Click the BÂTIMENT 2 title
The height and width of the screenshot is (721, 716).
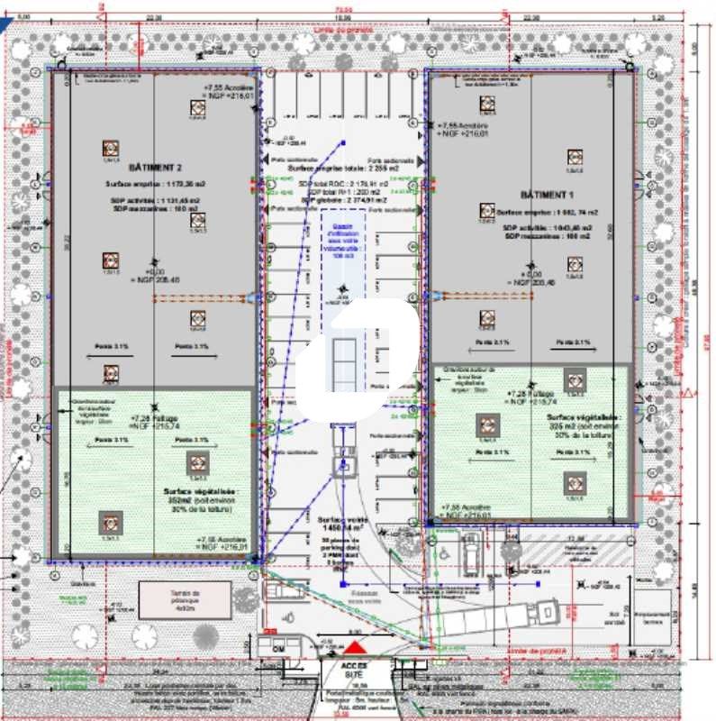tap(155, 168)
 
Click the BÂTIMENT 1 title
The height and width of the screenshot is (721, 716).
tap(547, 195)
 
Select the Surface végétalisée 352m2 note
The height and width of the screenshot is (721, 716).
tap(199, 501)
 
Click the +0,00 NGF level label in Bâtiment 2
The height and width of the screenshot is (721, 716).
tap(155, 276)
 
